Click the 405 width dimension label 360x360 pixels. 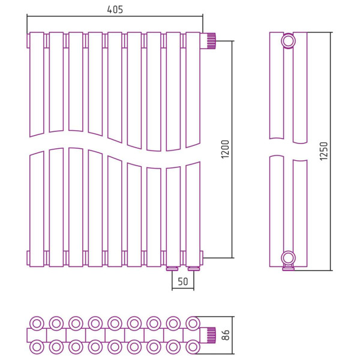tap(115, 10)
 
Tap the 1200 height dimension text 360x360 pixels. tap(225, 149)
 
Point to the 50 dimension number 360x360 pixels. tap(183, 281)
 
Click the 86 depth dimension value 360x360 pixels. tap(226, 335)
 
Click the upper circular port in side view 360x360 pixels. tap(289, 41)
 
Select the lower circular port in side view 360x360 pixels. tap(289, 258)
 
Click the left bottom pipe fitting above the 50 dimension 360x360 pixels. tap(172, 268)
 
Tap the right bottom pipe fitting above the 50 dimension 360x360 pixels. tap(193, 268)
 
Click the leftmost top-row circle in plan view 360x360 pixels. tap(37, 323)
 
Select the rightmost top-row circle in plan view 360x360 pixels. tap(193, 323)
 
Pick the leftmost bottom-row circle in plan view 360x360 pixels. tap(37, 346)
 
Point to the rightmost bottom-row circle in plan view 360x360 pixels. tap(193, 346)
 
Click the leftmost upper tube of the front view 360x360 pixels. tap(37, 84)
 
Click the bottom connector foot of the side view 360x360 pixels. tap(289, 268)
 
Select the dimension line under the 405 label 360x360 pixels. tap(115, 17)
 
